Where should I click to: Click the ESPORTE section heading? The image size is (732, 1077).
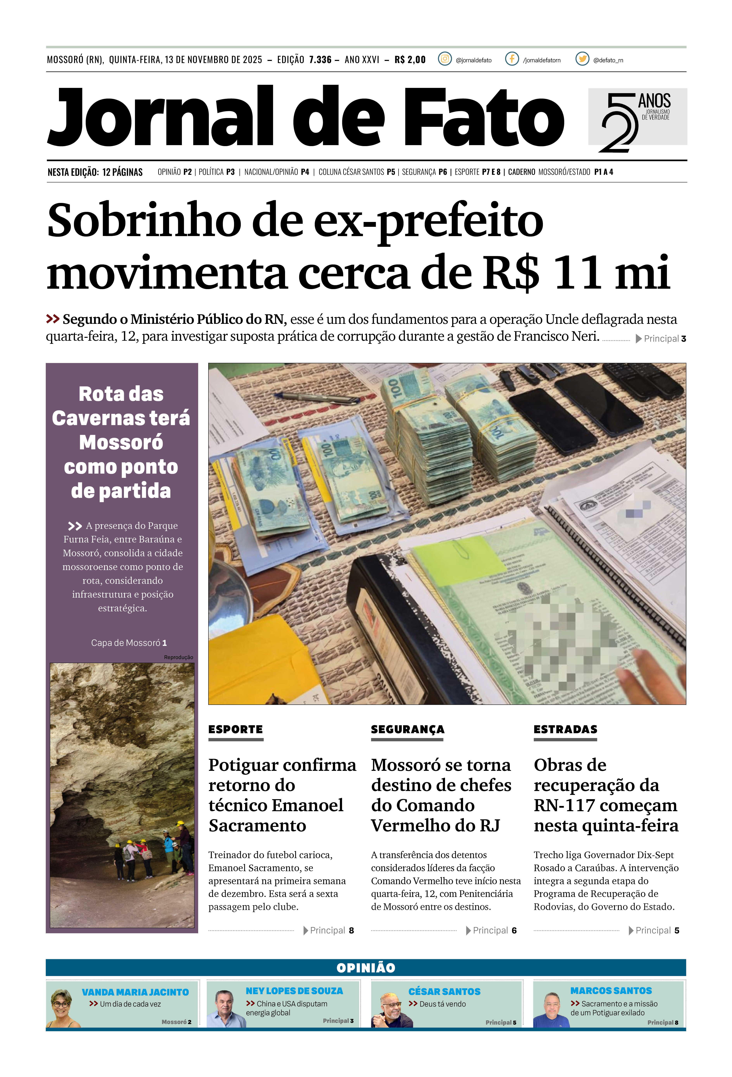(235, 729)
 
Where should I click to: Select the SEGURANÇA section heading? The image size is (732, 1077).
(407, 729)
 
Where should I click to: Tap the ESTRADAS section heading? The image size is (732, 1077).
(565, 729)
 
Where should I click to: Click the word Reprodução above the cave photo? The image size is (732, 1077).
(178, 657)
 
